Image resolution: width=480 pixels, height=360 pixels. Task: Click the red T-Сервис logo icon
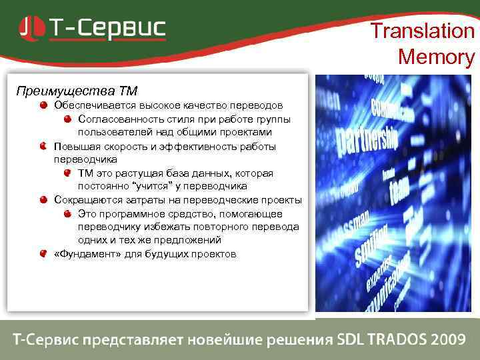coord(31,28)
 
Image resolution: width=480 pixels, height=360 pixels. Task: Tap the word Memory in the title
coord(436,57)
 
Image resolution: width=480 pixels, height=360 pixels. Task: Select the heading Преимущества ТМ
coord(77,90)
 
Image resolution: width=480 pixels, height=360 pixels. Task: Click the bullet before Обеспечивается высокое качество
coord(43,105)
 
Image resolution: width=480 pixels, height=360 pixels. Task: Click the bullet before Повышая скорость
coord(43,146)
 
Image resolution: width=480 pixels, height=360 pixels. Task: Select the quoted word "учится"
coord(153,186)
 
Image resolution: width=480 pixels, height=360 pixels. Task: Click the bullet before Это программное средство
coord(67,213)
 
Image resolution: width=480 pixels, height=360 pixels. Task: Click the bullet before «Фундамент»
coord(43,254)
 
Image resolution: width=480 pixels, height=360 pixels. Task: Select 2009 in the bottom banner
coord(447,339)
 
